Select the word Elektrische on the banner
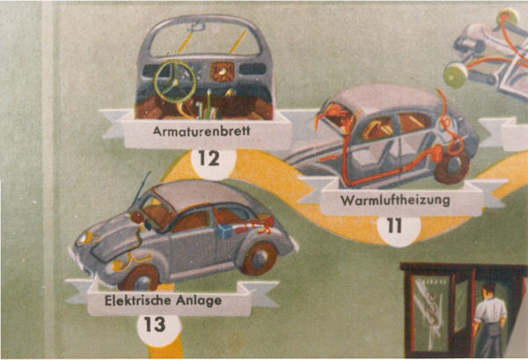coord(134,300)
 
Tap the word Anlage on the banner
coord(198,300)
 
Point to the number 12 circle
coord(209,160)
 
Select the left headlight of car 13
coord(85,239)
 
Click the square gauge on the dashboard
coord(223,70)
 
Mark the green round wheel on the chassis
coord(453,76)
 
